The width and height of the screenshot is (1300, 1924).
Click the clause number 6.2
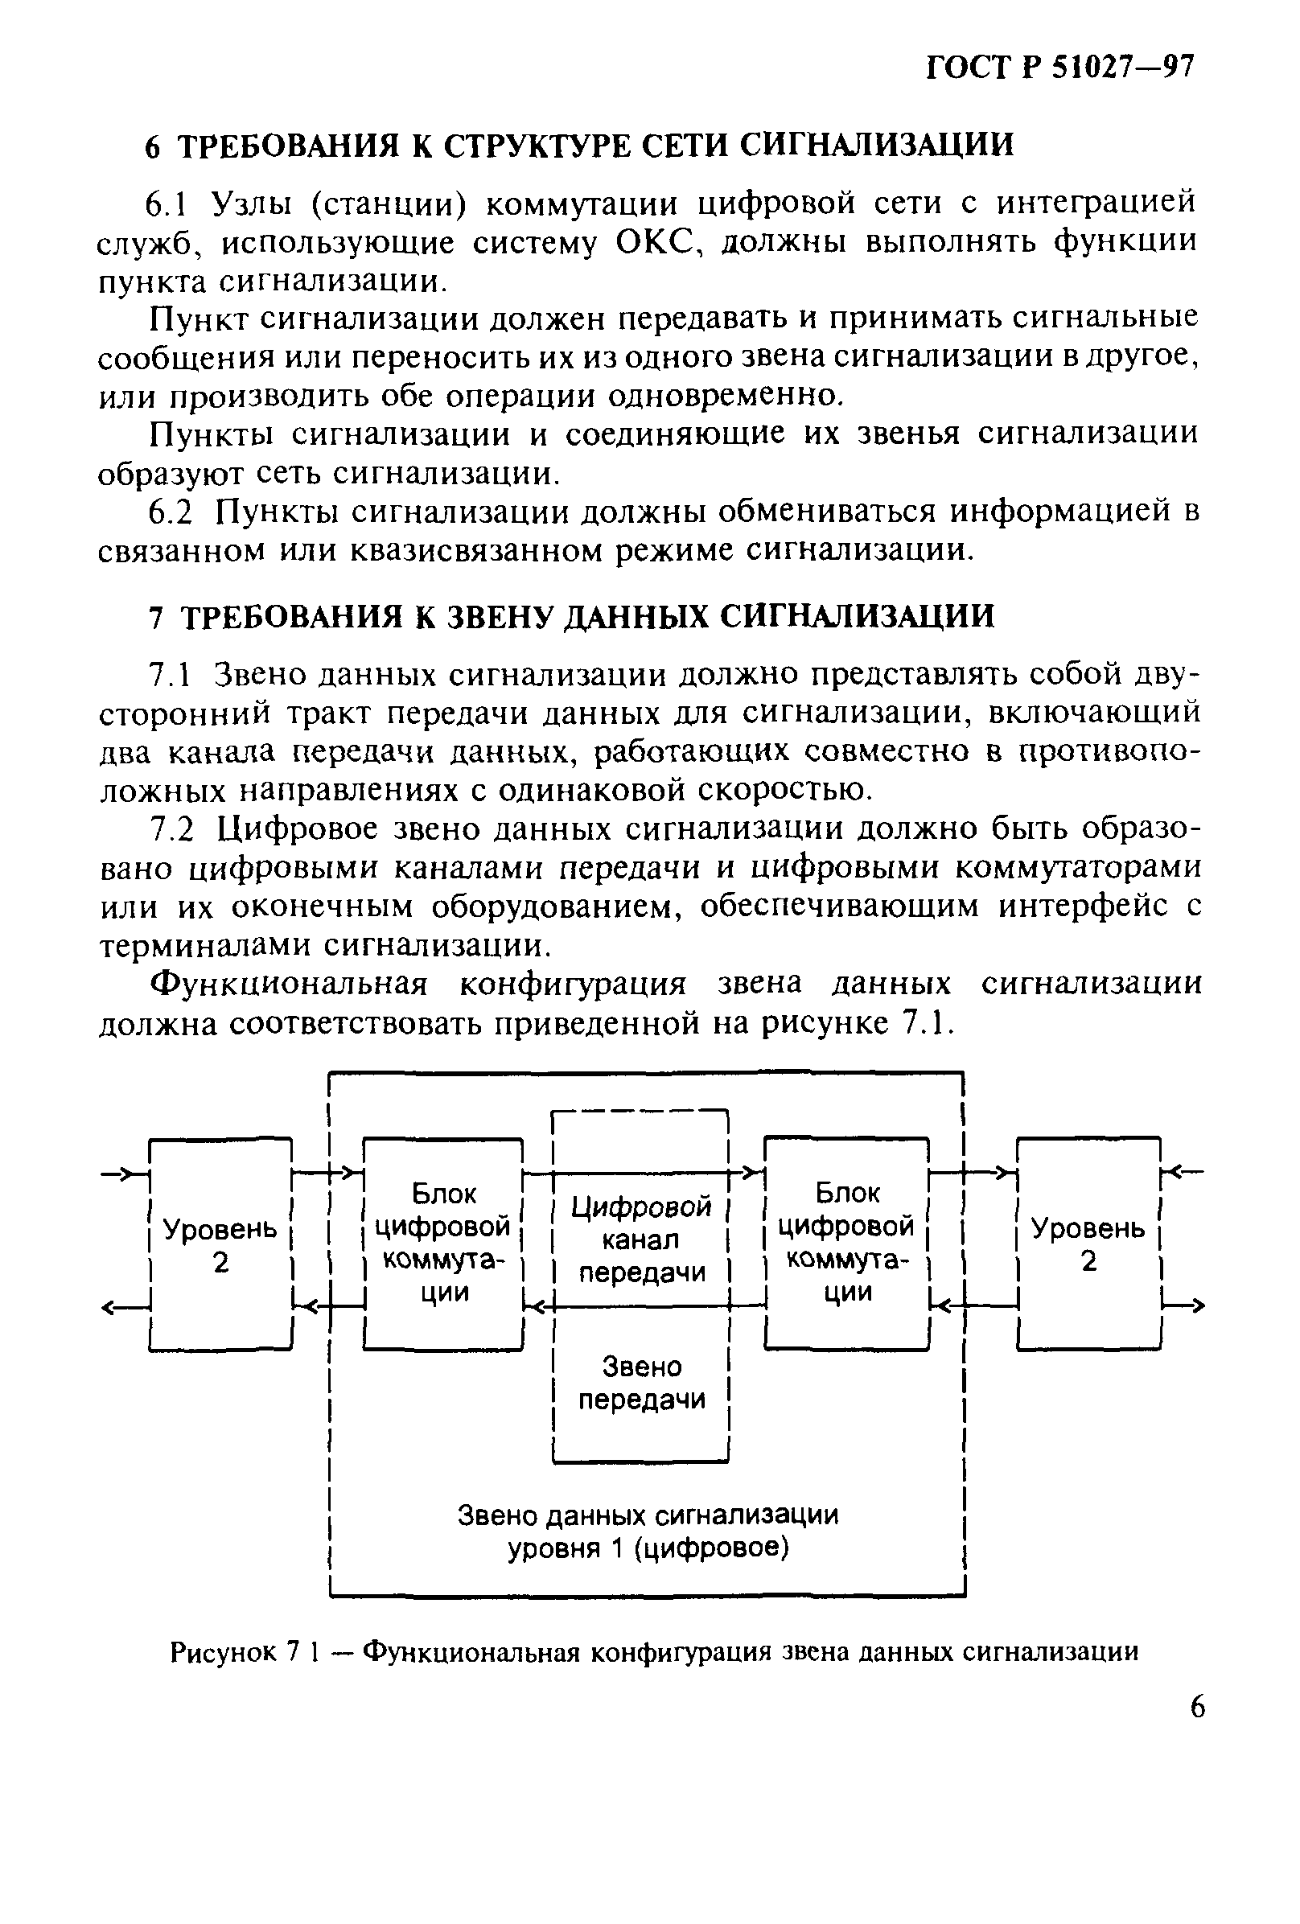click(x=170, y=512)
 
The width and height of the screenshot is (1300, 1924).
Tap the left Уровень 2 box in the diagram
click(x=220, y=1244)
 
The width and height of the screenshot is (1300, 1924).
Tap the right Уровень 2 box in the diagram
click(x=1088, y=1244)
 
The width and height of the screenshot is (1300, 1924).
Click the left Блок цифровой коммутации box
click(x=443, y=1244)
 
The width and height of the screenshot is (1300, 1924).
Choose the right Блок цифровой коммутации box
click(x=846, y=1243)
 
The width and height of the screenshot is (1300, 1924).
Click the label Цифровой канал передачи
click(x=641, y=1239)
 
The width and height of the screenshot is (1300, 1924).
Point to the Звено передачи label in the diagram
click(x=641, y=1383)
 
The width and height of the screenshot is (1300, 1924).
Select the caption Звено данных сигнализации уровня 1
click(x=648, y=1531)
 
